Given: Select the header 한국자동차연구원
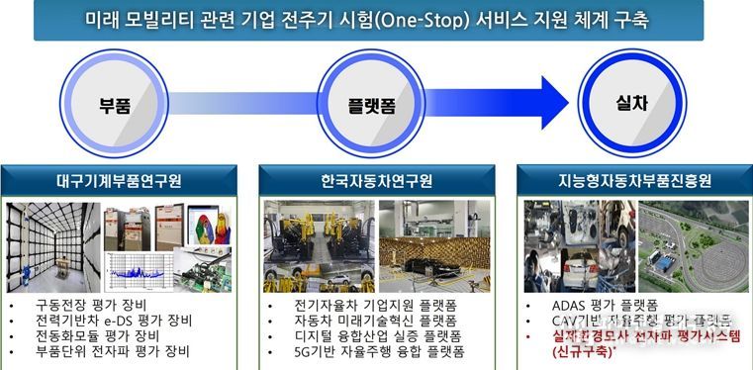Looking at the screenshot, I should pos(376,181).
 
